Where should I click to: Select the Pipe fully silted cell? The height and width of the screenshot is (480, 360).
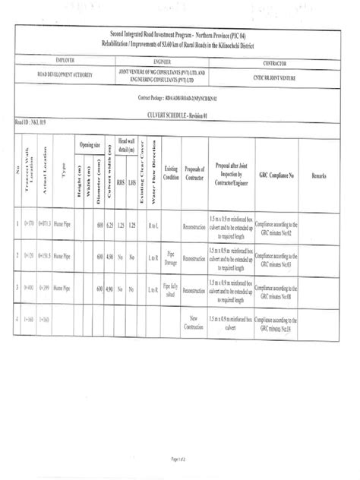coord(171,289)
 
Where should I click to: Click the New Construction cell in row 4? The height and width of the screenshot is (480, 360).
coord(194,321)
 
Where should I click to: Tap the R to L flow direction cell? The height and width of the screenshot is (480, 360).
coord(153,226)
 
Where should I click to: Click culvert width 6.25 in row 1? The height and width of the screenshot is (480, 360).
coord(110,226)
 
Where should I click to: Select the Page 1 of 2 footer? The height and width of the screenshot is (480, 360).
coord(178,459)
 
